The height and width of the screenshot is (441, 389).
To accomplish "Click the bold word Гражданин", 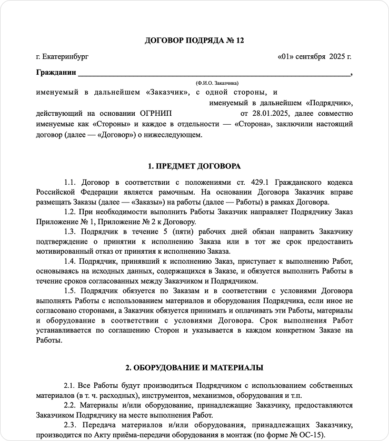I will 56,72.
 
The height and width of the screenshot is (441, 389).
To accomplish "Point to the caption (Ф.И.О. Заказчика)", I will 217,83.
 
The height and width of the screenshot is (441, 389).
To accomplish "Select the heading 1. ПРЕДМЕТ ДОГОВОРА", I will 194,166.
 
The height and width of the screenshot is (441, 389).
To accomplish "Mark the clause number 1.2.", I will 70,212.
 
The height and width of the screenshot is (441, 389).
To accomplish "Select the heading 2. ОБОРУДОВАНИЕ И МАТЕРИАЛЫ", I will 194,367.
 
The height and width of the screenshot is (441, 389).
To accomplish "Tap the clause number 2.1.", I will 70,386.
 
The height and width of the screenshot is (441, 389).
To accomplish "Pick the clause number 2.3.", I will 70,425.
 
